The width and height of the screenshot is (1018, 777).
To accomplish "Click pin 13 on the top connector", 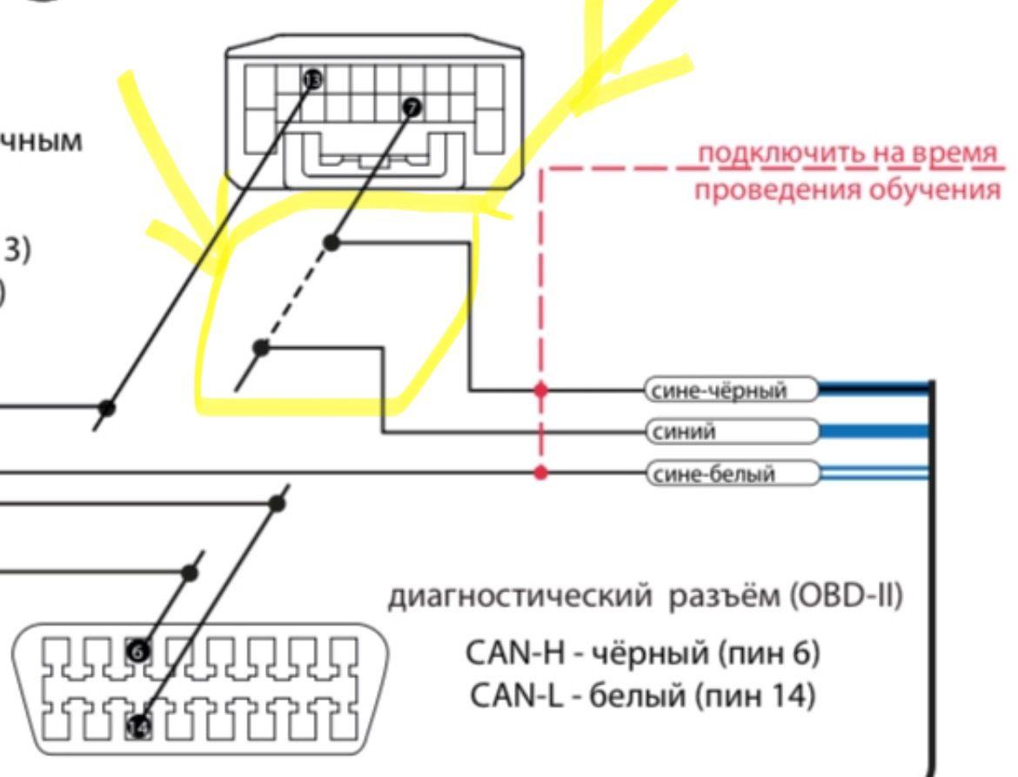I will point(312,80).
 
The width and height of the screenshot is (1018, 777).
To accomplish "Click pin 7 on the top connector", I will point(412,107).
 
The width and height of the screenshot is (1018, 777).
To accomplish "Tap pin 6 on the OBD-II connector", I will point(137,649).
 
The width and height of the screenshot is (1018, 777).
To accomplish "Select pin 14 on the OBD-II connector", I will point(137,726).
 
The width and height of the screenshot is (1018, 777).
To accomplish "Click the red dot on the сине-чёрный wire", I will point(540,391).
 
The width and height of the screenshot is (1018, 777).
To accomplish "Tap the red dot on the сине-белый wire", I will point(540,473).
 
